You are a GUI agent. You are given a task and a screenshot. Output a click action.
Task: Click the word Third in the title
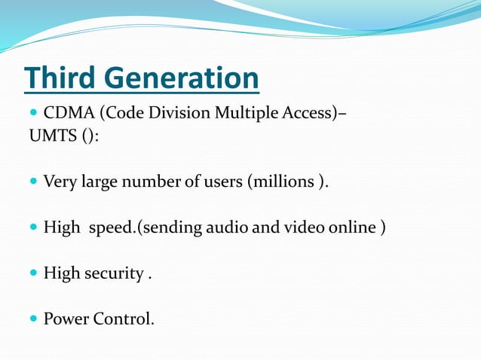pyautogui.click(x=61, y=78)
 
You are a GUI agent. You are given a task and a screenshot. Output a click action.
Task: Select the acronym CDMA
pyautogui.click(x=69, y=114)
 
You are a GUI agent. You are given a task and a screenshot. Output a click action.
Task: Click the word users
pyautogui.click(x=221, y=182)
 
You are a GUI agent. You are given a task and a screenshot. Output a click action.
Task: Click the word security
pyautogui.click(x=113, y=273)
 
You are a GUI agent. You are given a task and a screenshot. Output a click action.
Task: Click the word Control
pyautogui.click(x=124, y=319)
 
